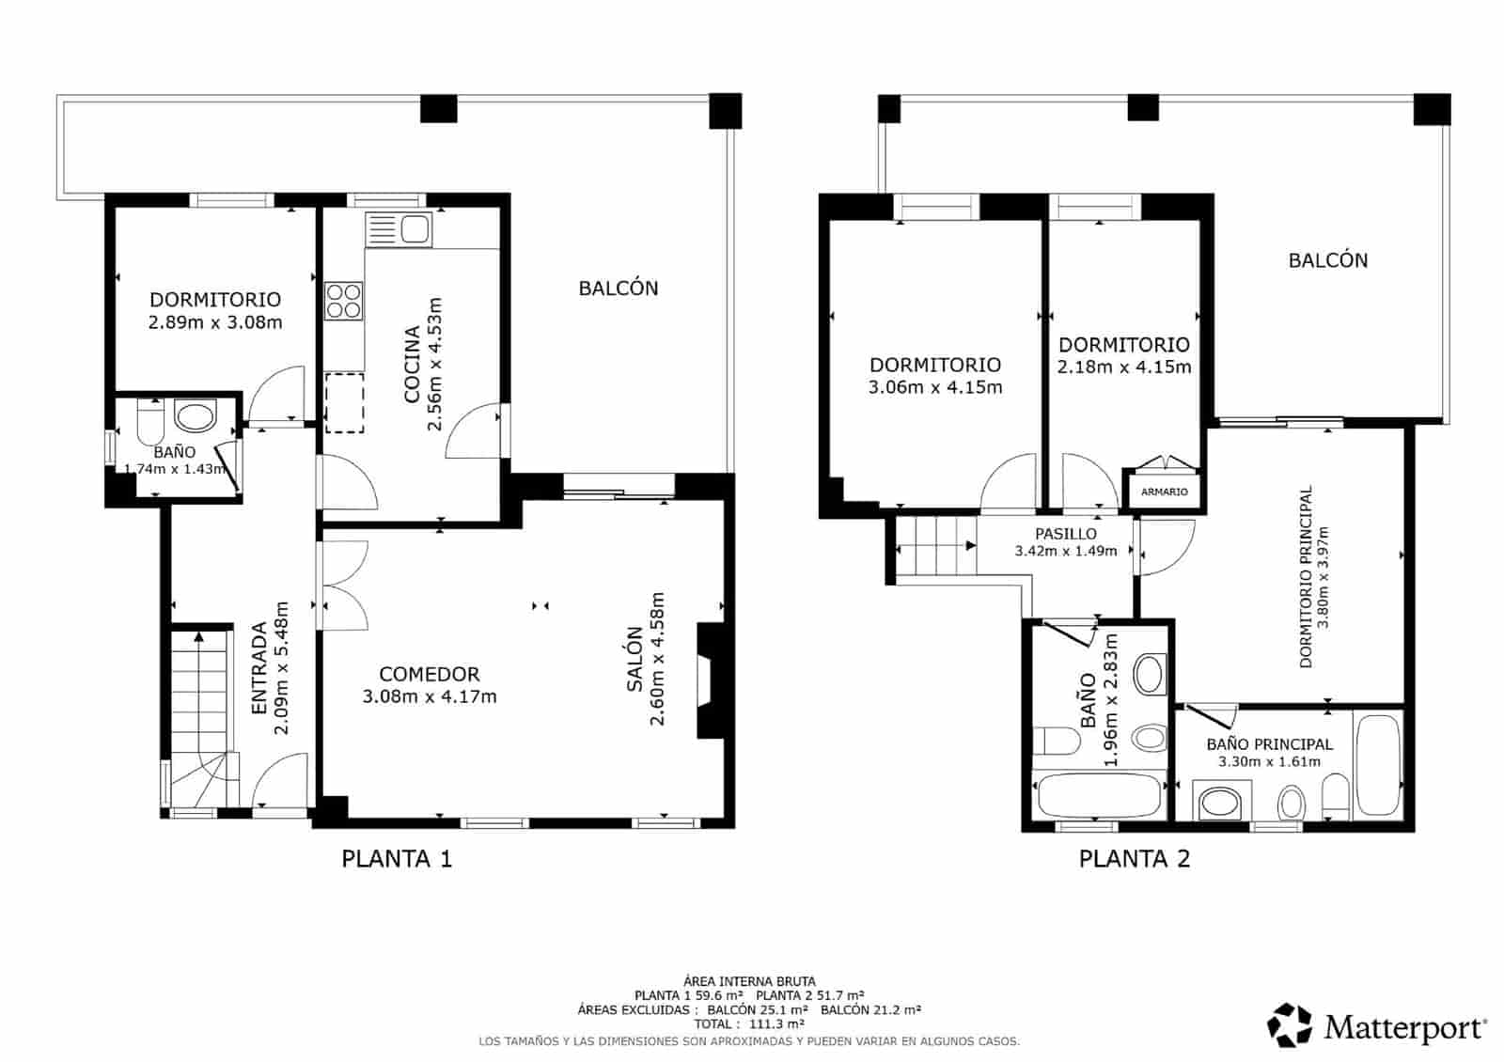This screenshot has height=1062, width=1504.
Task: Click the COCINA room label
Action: click(x=412, y=364)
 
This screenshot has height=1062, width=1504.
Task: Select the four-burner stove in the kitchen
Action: click(x=344, y=301)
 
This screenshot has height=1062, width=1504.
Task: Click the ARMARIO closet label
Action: click(x=1164, y=492)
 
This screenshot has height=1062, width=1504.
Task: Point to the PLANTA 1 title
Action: click(x=397, y=858)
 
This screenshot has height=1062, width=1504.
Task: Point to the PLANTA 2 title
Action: click(x=1134, y=858)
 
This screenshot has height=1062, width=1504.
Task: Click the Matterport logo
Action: click(x=1378, y=1025)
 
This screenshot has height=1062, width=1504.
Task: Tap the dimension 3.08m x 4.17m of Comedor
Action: click(x=429, y=697)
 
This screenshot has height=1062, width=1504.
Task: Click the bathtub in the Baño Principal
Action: click(x=1377, y=763)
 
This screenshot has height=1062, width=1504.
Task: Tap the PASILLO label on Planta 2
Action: click(x=1065, y=534)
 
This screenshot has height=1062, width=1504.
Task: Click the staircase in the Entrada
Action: click(x=199, y=714)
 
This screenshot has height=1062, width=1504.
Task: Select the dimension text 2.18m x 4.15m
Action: click(x=1123, y=367)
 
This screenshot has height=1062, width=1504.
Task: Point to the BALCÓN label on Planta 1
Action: click(x=618, y=289)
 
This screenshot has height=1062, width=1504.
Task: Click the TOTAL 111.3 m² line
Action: click(x=749, y=1023)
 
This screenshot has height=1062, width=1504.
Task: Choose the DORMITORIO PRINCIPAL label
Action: click(x=1306, y=577)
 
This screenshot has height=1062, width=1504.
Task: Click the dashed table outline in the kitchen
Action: click(x=344, y=402)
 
